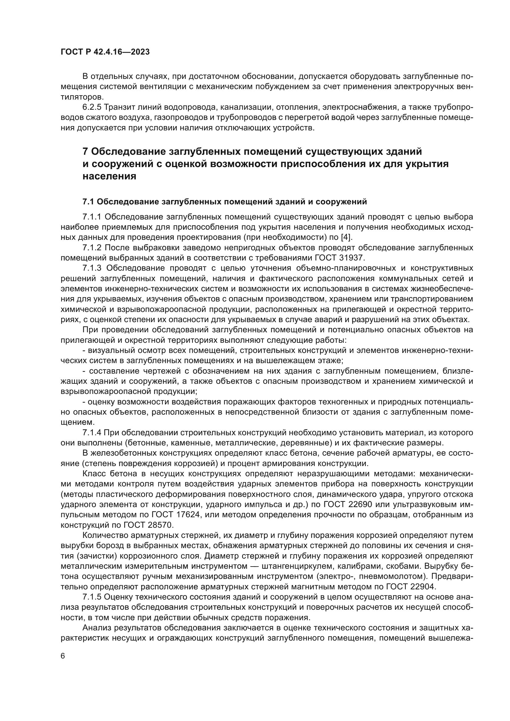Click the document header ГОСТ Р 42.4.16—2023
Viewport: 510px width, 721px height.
105,52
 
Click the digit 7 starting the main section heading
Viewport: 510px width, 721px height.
85,152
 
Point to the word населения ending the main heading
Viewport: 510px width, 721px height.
109,177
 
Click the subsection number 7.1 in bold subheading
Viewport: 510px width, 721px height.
88,202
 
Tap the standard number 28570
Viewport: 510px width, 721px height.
161,525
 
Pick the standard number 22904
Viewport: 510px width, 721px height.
422,587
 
